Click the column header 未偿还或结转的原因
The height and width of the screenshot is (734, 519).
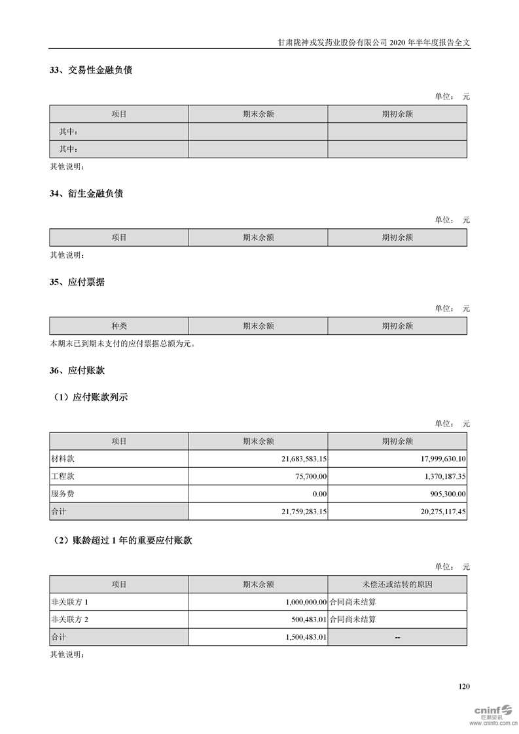click(x=397, y=584)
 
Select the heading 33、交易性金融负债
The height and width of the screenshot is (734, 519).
click(x=91, y=69)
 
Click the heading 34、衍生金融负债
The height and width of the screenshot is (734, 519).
click(x=86, y=194)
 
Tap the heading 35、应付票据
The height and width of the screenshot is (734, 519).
click(x=77, y=282)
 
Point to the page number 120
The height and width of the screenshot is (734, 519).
click(x=464, y=687)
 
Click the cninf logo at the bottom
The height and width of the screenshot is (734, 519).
click(x=488, y=711)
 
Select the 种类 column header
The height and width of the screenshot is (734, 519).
click(x=119, y=326)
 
